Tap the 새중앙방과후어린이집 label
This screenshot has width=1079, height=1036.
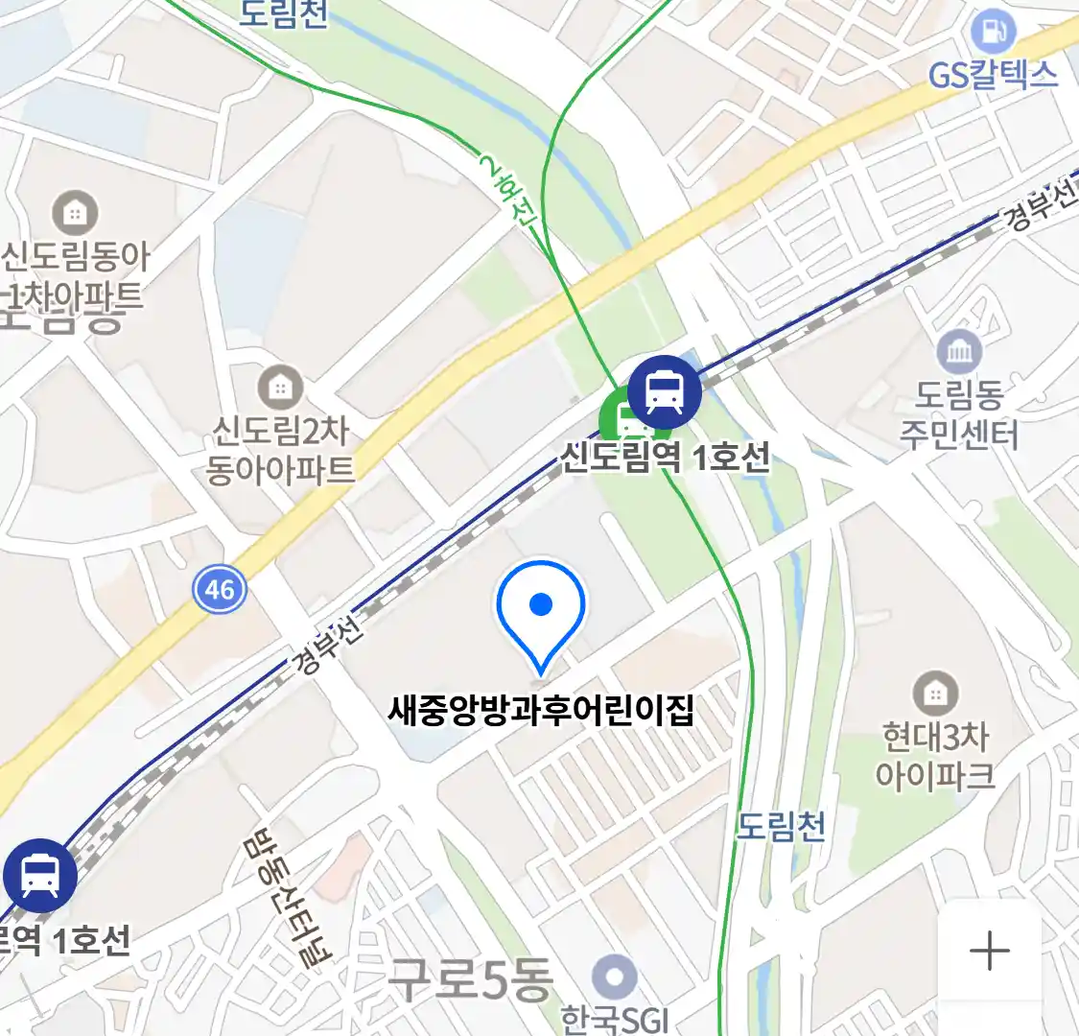click(x=541, y=711)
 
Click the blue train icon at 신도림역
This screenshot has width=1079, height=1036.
click(x=664, y=391)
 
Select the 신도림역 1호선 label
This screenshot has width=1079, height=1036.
click(x=665, y=457)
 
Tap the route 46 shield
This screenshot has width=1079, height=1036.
click(x=220, y=588)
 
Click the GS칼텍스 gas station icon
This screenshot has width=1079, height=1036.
click(x=994, y=32)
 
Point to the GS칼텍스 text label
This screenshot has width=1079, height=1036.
click(x=994, y=75)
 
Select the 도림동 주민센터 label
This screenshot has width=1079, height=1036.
click(x=959, y=414)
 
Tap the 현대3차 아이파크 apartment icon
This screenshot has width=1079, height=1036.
click(x=935, y=693)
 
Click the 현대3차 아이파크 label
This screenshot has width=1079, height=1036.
click(x=935, y=756)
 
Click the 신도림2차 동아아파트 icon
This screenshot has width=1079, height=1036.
click(x=280, y=388)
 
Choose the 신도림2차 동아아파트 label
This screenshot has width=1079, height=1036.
click(x=280, y=450)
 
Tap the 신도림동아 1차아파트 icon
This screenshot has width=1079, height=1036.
click(x=75, y=212)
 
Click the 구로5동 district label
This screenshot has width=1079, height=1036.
click(x=470, y=978)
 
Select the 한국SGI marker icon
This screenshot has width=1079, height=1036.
click(x=614, y=978)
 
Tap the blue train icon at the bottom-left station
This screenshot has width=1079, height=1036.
click(x=39, y=875)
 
